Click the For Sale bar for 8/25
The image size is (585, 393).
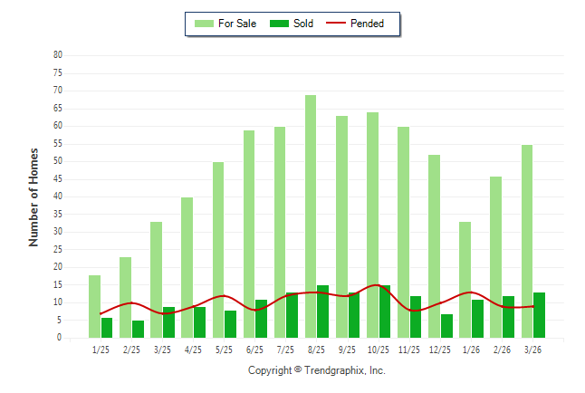(x=311, y=216)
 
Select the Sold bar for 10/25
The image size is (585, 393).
(x=385, y=312)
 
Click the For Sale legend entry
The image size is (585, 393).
(x=222, y=24)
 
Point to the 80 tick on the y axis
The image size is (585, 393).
(x=58, y=55)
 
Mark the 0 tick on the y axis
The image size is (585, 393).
(x=60, y=338)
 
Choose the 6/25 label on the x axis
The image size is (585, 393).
(x=254, y=350)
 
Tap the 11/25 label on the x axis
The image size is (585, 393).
(x=408, y=350)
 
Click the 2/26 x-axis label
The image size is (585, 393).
(x=502, y=350)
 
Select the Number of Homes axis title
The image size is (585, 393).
(x=34, y=196)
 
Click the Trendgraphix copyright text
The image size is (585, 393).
(x=317, y=370)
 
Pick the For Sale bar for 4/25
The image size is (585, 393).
(x=187, y=267)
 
